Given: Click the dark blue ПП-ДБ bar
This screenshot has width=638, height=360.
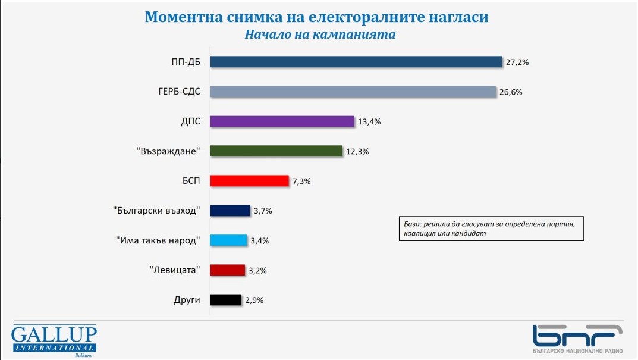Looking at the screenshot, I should point(357,62).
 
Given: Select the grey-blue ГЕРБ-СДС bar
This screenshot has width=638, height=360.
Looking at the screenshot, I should point(353,92).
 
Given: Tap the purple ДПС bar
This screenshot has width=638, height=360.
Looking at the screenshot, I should point(282,121).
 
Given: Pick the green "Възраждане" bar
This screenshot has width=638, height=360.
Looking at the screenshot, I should point(277,151).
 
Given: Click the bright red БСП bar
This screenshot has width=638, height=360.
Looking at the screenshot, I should point(250,181).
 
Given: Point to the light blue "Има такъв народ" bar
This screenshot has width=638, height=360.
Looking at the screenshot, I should point(229,240).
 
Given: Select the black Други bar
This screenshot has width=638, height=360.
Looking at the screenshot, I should point(227,300).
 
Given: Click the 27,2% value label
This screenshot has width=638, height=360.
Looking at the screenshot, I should point(517,62).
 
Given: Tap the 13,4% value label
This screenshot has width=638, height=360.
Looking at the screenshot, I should point(369,122).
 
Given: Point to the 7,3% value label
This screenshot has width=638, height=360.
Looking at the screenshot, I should point(301,181).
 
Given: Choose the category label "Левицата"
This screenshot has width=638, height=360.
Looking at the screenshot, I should point(174,270).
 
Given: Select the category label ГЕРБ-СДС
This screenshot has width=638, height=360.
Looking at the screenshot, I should point(175,92).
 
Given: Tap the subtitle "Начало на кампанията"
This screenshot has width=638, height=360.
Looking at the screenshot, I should point(320,34).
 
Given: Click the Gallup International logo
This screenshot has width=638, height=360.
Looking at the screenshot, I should point(54,342).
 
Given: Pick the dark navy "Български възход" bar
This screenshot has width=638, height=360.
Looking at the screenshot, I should point(230,211).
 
